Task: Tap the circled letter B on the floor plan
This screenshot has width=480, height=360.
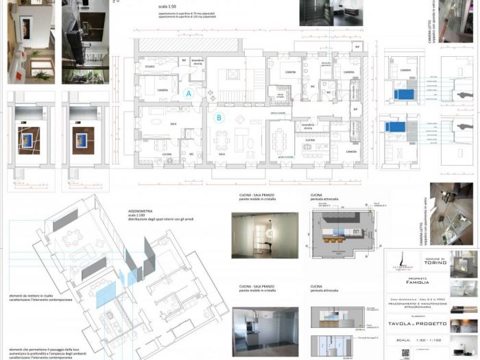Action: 219,117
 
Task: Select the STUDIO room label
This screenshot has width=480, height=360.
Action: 149,67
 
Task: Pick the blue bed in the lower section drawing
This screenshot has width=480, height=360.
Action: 398,127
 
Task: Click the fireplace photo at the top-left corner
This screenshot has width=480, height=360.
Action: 31,41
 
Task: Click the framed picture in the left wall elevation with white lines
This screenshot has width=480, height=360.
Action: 28,140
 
